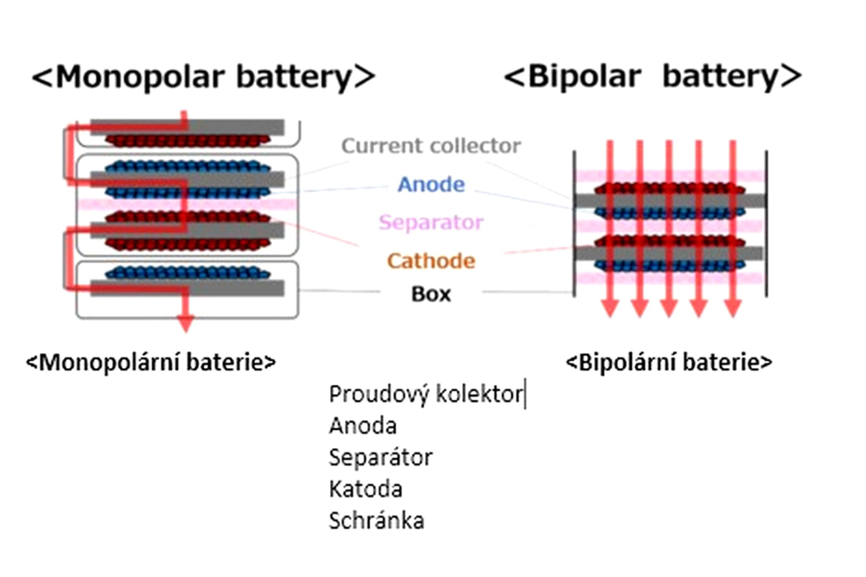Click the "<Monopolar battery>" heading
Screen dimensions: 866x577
204,76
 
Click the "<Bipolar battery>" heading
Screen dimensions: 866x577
653,76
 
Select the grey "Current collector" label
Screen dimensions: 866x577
430,146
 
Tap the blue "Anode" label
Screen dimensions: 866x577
431,184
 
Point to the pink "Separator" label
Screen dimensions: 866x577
430,222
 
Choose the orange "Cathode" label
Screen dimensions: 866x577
430,261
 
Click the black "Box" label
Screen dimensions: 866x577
430,294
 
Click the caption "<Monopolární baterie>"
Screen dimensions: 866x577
150,362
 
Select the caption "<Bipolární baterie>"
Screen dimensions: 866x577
669,362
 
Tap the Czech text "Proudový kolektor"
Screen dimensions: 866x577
425,394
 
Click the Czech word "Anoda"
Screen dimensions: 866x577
363,426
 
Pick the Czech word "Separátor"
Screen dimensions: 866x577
380,458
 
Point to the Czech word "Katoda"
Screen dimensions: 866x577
366,489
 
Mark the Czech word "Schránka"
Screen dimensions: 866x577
377,521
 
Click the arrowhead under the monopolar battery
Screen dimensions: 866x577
186,323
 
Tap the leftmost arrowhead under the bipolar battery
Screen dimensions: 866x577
609,308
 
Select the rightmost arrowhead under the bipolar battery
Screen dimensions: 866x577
733,308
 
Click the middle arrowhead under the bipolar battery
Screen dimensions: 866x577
669,308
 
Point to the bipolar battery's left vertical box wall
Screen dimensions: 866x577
575,224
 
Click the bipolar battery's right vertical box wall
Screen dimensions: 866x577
767,224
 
